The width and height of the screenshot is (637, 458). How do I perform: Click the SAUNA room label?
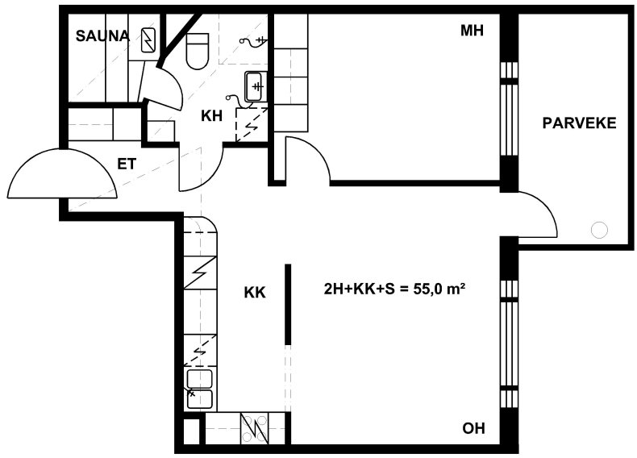click(x=102, y=36)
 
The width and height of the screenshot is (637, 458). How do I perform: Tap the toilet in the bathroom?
click(x=198, y=51)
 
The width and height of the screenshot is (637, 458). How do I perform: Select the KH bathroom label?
click(x=211, y=116)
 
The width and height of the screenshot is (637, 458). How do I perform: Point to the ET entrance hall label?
click(x=127, y=164)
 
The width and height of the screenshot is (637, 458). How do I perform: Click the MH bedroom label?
click(x=472, y=31)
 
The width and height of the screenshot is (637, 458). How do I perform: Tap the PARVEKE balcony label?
click(x=579, y=123)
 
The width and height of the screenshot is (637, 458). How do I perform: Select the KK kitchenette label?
click(x=255, y=292)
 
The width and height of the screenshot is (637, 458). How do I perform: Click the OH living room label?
click(x=473, y=428)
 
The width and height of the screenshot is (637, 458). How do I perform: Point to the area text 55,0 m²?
click(x=439, y=289)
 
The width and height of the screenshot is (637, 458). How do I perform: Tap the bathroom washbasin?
click(x=256, y=86)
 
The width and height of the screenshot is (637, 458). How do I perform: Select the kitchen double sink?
click(x=199, y=389)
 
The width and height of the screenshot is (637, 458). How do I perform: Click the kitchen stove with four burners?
click(x=254, y=429)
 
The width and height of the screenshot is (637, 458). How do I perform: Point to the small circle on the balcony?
click(x=599, y=230)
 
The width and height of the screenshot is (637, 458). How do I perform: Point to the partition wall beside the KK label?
click(x=288, y=305)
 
